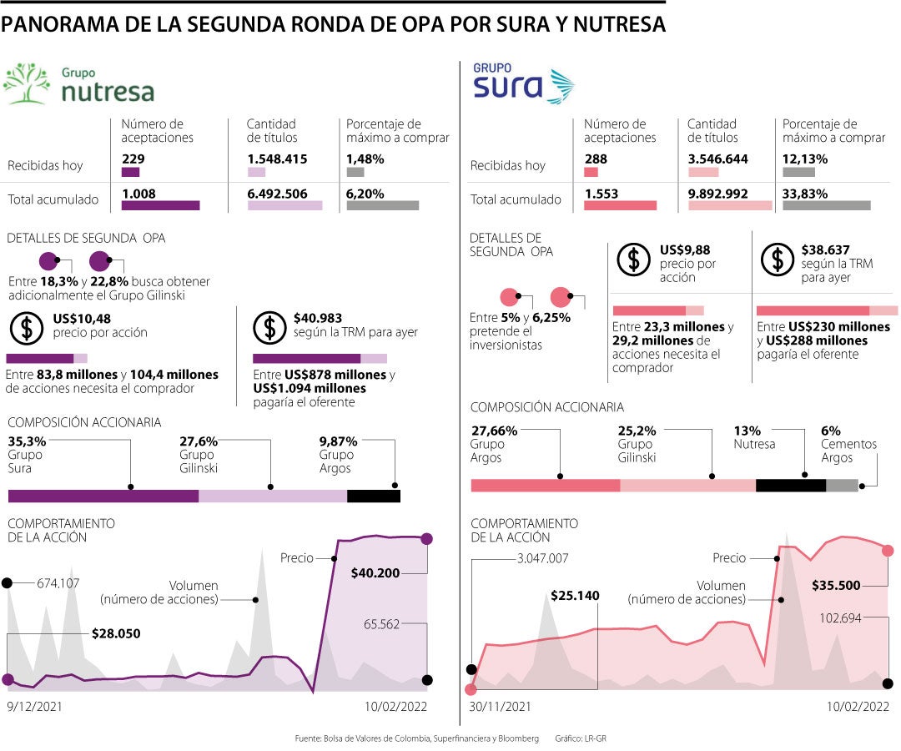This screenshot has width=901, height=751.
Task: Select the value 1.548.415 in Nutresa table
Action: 277,159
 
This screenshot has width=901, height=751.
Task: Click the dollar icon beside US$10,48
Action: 28,327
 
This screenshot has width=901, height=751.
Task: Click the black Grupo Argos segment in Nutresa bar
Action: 373,496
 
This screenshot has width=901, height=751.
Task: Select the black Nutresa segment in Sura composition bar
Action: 790,486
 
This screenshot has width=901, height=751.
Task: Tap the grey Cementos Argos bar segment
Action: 842,486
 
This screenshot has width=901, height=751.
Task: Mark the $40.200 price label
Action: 375,573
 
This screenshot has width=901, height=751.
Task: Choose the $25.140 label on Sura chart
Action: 575,596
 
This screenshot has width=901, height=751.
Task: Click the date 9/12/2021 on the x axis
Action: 34,706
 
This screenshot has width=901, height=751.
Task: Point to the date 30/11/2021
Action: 500,706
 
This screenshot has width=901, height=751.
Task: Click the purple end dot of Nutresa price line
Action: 427,539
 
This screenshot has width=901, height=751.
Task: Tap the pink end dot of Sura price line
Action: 888,550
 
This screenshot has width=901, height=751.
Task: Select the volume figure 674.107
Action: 58,583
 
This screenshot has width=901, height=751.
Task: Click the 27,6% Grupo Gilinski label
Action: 198,442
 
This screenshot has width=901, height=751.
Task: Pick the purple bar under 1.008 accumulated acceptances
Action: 160,205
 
